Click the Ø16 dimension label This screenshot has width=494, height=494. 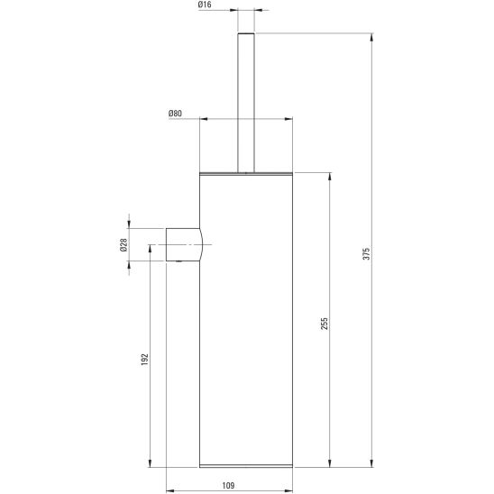tap(205, 5)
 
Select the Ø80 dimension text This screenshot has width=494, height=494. tap(175, 114)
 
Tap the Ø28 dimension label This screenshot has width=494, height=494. tap(123, 245)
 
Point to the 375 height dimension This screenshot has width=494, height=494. tap(366, 253)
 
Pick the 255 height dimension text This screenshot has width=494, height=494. tap(325, 324)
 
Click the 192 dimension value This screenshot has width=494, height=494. tap(144, 360)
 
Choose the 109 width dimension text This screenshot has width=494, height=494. tap(228, 486)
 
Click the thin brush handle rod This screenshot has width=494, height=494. tap(246, 103)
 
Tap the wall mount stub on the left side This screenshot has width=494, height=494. tap(184, 245)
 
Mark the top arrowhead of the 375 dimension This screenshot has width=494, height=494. tap(371, 37)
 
